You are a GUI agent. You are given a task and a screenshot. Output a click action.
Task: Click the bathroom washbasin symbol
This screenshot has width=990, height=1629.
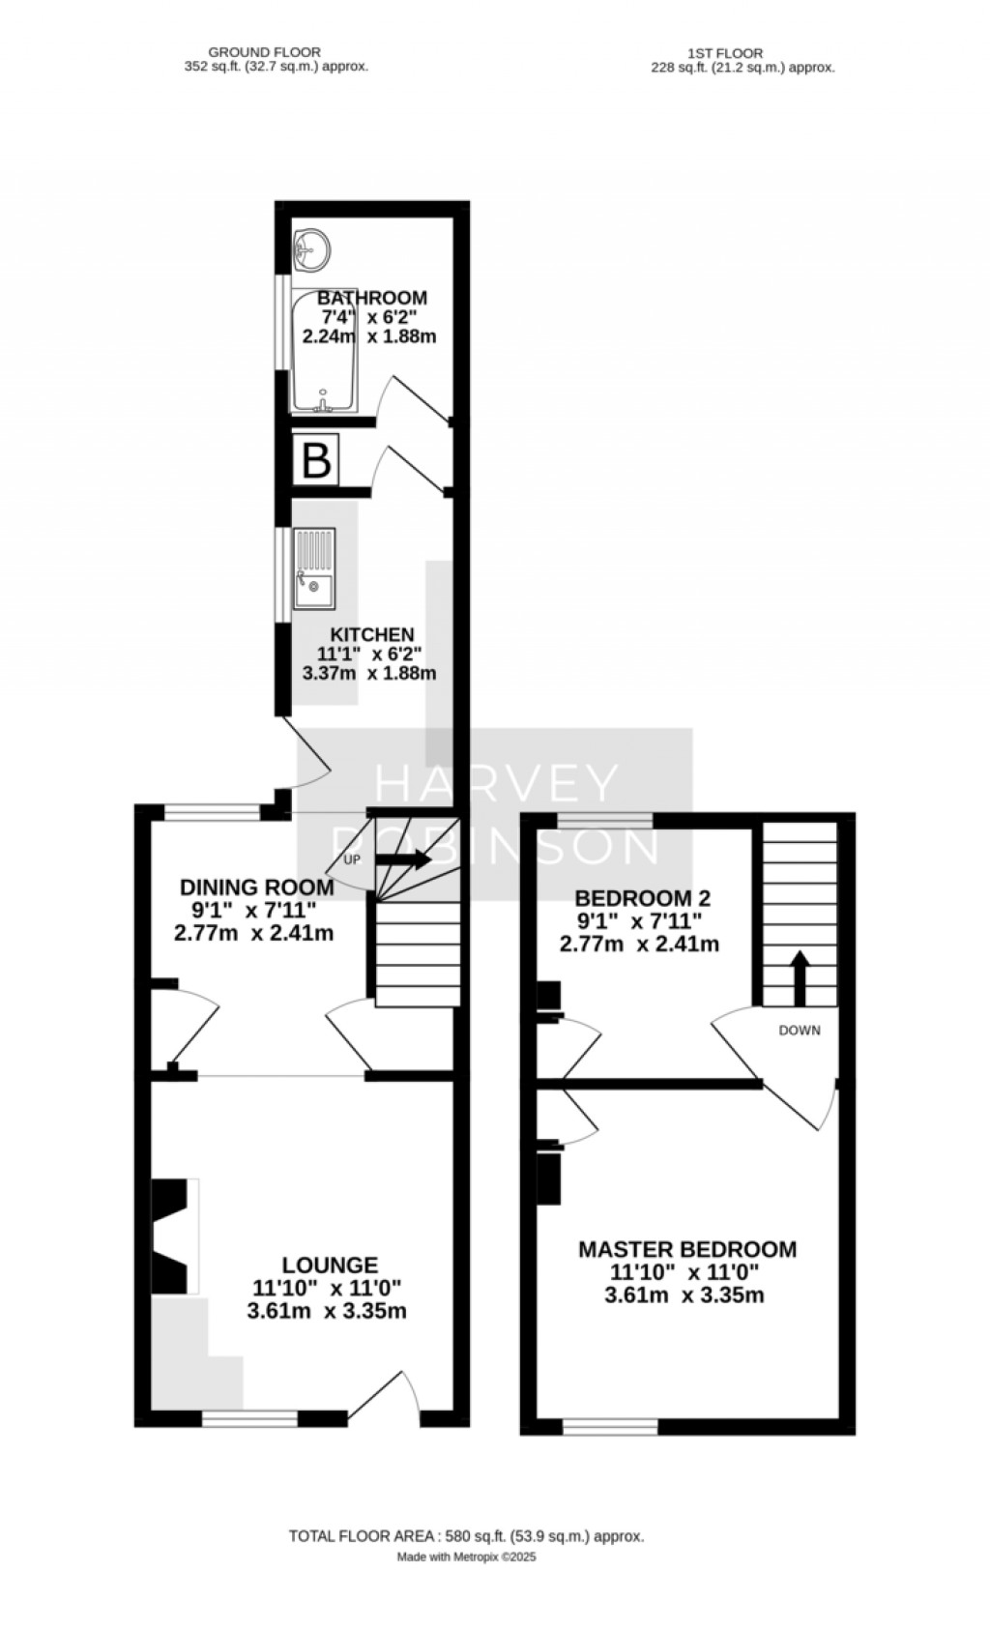(x=311, y=249)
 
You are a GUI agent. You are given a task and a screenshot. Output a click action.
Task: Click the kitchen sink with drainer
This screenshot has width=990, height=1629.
(x=314, y=568)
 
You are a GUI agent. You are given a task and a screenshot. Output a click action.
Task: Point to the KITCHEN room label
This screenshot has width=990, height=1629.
(x=372, y=634)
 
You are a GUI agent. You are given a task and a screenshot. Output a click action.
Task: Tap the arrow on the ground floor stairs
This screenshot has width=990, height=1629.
(x=402, y=859)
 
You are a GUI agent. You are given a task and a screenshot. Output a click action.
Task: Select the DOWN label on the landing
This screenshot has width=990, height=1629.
(x=800, y=1030)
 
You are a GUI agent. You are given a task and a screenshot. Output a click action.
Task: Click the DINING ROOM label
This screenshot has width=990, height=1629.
(x=257, y=887)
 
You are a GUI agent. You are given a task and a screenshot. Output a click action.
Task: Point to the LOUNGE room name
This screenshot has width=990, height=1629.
(x=330, y=1265)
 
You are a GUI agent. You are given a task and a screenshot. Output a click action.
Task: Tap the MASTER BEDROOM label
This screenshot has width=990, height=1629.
(x=687, y=1249)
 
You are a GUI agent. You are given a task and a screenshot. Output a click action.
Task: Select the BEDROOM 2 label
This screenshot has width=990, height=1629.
(x=639, y=896)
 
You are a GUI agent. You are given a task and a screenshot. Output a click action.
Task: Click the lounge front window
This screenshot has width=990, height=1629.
(x=249, y=1418)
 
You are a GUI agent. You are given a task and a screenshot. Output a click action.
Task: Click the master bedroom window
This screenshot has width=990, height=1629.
(x=610, y=1426)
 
